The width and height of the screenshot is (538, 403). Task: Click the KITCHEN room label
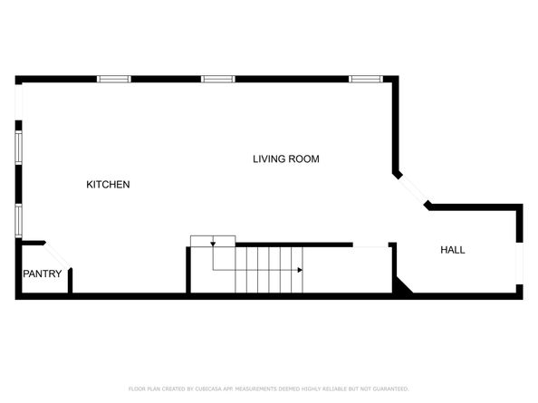click(108, 185)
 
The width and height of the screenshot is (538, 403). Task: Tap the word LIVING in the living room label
click(268, 159)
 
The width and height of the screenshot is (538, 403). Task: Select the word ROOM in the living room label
click(304, 159)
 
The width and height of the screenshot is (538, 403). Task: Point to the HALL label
click(453, 250)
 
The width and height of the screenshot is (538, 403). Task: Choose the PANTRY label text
click(43, 274)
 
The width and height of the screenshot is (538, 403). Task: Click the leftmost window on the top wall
click(114, 80)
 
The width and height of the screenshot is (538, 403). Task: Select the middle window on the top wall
click(217, 80)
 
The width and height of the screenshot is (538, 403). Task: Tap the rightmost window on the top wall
click(366, 80)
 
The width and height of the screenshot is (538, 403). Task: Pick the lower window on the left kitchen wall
click(18, 220)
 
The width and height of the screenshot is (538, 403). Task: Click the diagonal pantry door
click(57, 255)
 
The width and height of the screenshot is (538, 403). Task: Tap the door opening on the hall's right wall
click(519, 264)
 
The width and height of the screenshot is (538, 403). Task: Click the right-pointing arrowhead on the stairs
click(299, 269)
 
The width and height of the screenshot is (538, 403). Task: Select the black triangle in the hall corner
click(401, 287)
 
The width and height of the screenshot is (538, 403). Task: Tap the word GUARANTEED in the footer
click(386, 389)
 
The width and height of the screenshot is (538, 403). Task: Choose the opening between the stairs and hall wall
click(370, 245)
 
